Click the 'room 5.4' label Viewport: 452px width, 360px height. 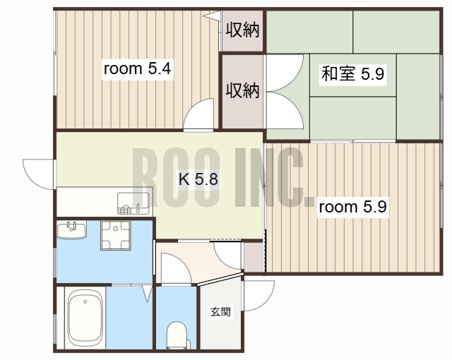click(x=138, y=69)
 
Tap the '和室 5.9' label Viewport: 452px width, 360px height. click(x=352, y=74)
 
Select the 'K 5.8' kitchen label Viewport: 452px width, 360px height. click(x=197, y=179)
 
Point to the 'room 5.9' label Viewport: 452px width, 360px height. click(x=352, y=207)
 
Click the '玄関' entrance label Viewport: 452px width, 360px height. click(x=220, y=312)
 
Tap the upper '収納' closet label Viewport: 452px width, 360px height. click(x=242, y=30)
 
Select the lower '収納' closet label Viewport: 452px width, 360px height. click(x=242, y=90)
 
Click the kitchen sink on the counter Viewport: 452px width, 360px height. click(x=133, y=203)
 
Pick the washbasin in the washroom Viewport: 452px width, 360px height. click(x=71, y=230)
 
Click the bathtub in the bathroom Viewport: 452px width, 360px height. click(x=85, y=320)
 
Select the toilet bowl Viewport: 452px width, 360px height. click(x=177, y=335)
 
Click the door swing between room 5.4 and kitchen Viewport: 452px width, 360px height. click(x=199, y=116)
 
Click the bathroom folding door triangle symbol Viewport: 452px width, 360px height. click(x=147, y=292)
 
